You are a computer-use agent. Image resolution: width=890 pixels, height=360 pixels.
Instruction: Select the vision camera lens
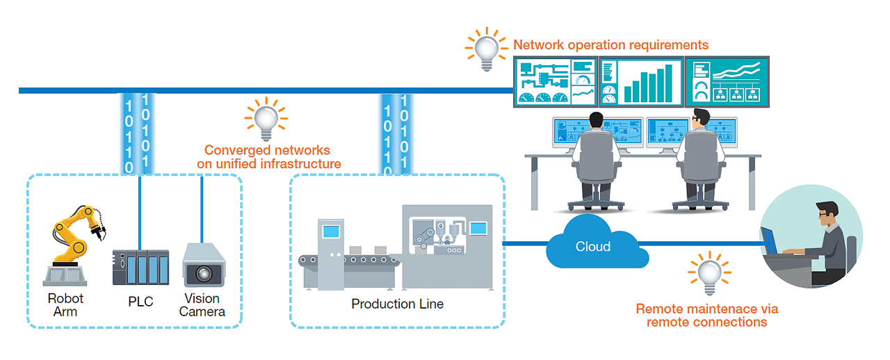click(203, 272)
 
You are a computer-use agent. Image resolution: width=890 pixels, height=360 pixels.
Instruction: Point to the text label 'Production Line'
click(397, 304)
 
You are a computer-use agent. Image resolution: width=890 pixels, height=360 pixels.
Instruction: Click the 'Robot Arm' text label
click(65, 305)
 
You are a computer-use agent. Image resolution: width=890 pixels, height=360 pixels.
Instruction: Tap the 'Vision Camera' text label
click(202, 305)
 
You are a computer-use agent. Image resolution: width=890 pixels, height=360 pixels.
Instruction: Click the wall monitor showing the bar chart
click(640, 81)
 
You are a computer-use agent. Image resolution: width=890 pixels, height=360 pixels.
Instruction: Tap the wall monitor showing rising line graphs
click(727, 81)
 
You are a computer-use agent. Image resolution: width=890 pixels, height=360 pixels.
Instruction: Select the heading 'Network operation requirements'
click(610, 45)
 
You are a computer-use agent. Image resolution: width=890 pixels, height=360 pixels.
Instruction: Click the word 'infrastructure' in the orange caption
click(300, 164)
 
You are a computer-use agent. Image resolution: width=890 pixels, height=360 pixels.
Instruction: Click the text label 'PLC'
click(140, 302)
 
